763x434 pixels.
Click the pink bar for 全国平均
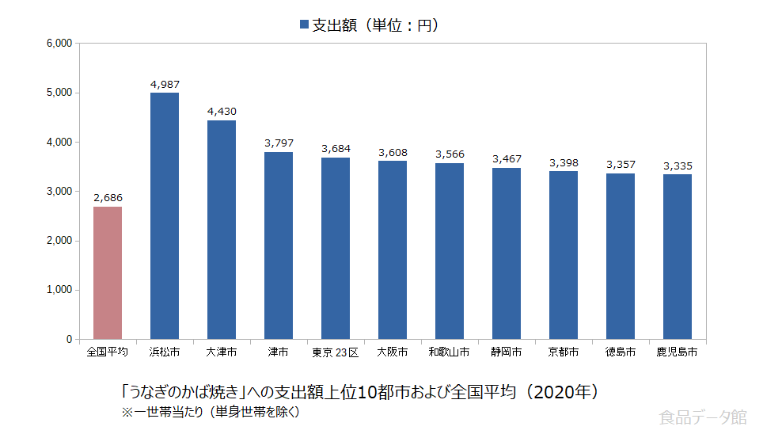[108, 273]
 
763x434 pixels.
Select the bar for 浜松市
[165, 216]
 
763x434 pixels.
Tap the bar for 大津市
[222, 230]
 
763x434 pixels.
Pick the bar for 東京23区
[336, 249]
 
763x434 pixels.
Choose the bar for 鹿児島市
[678, 257]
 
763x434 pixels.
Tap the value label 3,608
[393, 152]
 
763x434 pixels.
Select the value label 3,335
[678, 166]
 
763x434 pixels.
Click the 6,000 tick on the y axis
[59, 44]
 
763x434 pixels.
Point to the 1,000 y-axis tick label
[59, 290]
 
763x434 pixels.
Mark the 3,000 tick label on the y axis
[59, 192]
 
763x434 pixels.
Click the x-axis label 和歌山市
[449, 352]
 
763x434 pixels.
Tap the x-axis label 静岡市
[507, 352]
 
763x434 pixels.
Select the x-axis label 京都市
[563, 352]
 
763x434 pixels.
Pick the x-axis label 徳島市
[620, 352]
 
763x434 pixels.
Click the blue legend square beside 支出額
[304, 25]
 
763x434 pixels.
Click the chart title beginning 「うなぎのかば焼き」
[360, 392]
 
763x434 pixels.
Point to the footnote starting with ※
[210, 412]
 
